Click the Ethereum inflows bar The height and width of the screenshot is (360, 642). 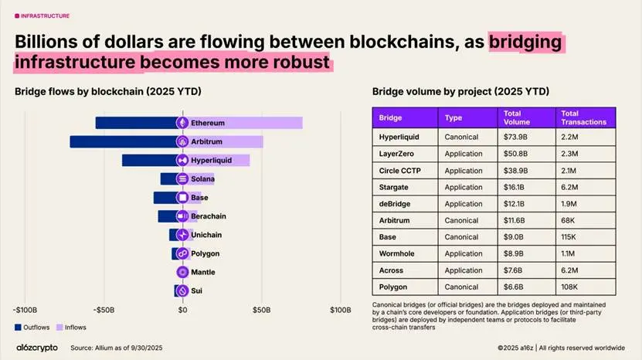point(263,123)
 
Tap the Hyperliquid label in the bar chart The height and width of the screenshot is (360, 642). point(210,161)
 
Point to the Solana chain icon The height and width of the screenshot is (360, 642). point(182,179)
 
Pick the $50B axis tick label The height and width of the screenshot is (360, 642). point(261,311)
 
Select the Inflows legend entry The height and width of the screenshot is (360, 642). point(70,328)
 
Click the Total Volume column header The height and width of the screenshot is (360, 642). point(516,117)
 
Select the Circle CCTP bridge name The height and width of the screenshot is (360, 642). point(399,171)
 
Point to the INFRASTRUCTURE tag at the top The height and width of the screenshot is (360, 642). point(44,15)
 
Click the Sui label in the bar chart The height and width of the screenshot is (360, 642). point(198,291)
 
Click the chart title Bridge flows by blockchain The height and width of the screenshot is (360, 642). point(108,92)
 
